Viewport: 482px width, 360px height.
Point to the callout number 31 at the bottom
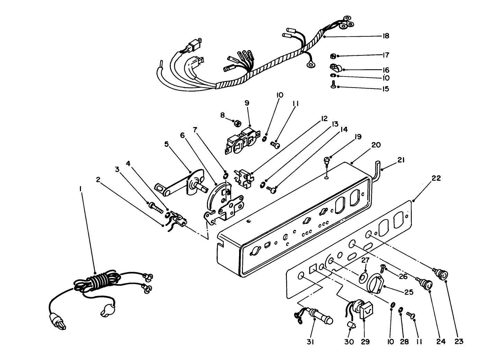pyautogui.click(x=310, y=342)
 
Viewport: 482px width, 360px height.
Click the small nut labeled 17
pyautogui.click(x=331, y=55)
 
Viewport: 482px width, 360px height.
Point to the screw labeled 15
pyautogui.click(x=334, y=85)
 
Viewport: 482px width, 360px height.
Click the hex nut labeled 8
pyautogui.click(x=237, y=123)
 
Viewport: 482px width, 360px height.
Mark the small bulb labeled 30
pyautogui.click(x=351, y=326)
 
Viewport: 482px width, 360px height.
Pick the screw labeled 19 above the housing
pyautogui.click(x=326, y=160)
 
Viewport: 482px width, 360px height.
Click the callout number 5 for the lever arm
pyautogui.click(x=167, y=144)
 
